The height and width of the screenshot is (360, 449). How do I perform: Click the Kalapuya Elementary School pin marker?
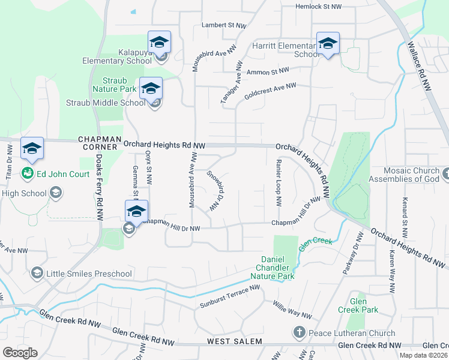click(159, 43)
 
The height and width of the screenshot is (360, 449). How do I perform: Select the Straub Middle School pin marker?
click(151, 89)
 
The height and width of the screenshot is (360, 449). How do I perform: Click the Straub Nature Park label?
click(111, 85)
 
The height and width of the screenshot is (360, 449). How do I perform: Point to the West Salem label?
click(235, 341)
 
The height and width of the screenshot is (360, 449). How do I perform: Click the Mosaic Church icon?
click(444, 174)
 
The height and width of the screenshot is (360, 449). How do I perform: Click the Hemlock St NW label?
click(318, 7)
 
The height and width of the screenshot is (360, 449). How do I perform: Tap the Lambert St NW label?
click(224, 26)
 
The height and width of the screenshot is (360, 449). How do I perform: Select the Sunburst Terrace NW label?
click(231, 297)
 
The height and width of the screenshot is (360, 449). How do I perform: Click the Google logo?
click(20, 353)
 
